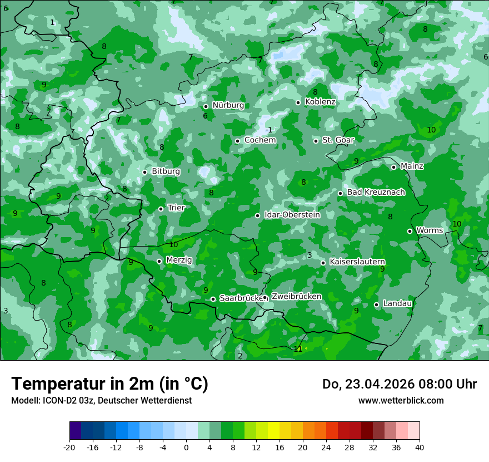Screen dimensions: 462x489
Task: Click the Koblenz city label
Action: click(320, 102)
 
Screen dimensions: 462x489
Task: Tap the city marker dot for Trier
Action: click(161, 209)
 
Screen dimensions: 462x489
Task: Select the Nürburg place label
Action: click(228, 105)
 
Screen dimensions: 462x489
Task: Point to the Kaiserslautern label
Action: click(357, 262)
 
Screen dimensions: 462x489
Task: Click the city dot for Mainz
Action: click(393, 167)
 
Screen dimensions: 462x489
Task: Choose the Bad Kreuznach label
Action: click(376, 192)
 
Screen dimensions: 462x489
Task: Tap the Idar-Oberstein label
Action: click(292, 215)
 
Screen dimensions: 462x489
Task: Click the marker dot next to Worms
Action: click(410, 231)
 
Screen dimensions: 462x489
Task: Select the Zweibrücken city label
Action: click(296, 297)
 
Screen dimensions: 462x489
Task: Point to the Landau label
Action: click(397, 303)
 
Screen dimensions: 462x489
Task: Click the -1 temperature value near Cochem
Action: click(269, 130)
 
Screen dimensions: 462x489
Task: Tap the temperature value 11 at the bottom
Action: click(298, 349)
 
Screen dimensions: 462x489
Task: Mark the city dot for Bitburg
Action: click(144, 172)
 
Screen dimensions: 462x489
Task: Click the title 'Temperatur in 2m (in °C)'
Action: click(109, 384)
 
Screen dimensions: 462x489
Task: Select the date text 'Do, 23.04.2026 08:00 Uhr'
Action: click(400, 384)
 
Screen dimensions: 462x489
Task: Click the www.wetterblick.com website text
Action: click(401, 401)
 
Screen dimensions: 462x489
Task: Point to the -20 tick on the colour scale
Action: click(69, 447)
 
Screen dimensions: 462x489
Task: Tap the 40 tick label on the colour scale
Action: click(420, 447)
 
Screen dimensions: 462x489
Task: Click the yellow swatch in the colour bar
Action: click(273, 431)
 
